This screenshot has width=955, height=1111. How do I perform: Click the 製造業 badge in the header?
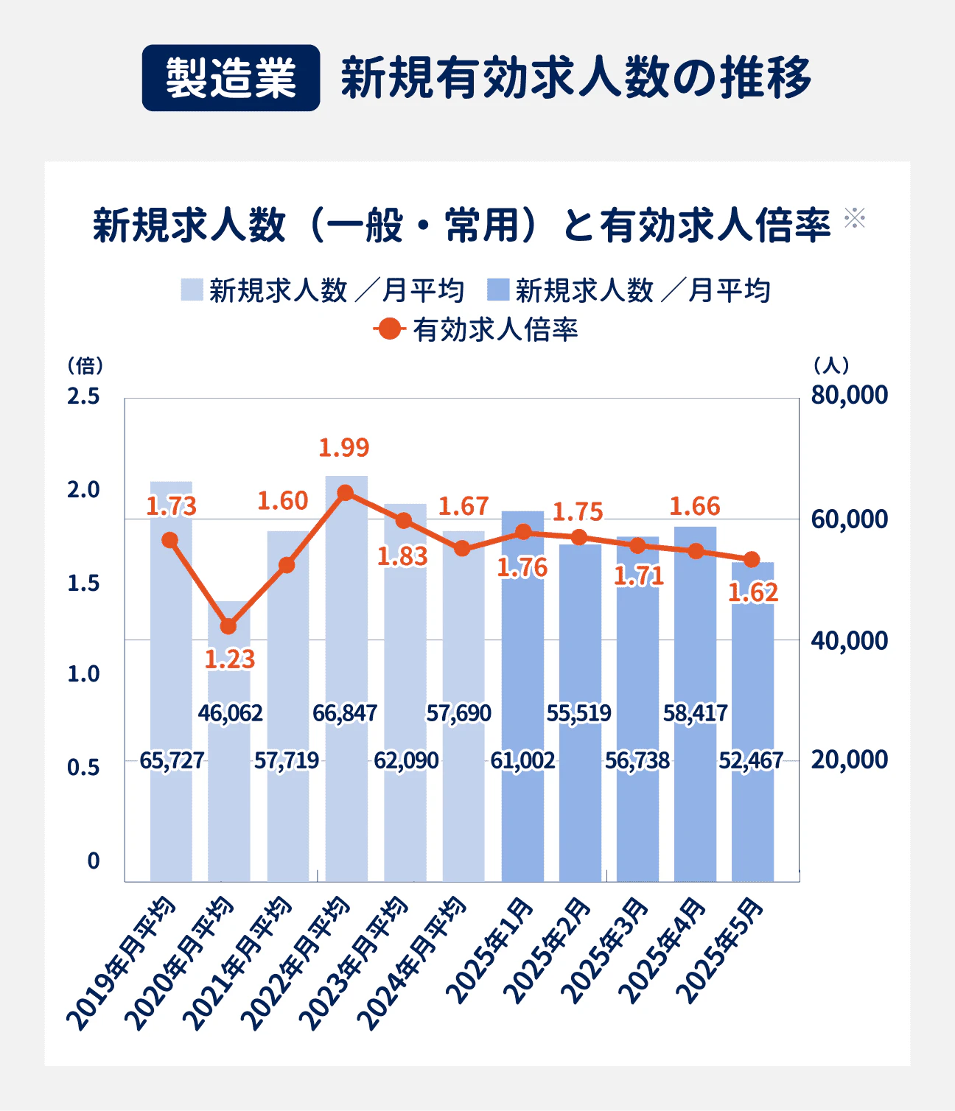point(231,78)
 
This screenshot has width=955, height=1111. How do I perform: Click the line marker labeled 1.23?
point(228,626)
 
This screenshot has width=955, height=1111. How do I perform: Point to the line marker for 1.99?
point(345,493)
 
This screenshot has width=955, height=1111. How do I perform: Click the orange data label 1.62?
point(753,593)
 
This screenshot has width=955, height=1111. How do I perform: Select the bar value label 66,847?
point(345,713)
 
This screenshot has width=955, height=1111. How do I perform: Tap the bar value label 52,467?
point(751,760)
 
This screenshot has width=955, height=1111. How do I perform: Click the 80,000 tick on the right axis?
point(849,395)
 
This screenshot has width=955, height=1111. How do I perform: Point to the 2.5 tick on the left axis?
point(83,396)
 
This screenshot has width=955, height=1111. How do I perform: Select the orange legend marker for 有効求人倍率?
point(389,329)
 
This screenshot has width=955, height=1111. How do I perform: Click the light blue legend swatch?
point(192,290)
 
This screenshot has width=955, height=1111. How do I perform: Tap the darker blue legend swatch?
point(498,290)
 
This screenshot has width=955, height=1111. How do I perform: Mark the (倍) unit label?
point(85,365)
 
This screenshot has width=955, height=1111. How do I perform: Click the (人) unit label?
point(832,365)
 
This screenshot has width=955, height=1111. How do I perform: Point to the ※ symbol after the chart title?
point(855,217)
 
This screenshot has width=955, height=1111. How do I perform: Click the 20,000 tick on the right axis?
point(849,760)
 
